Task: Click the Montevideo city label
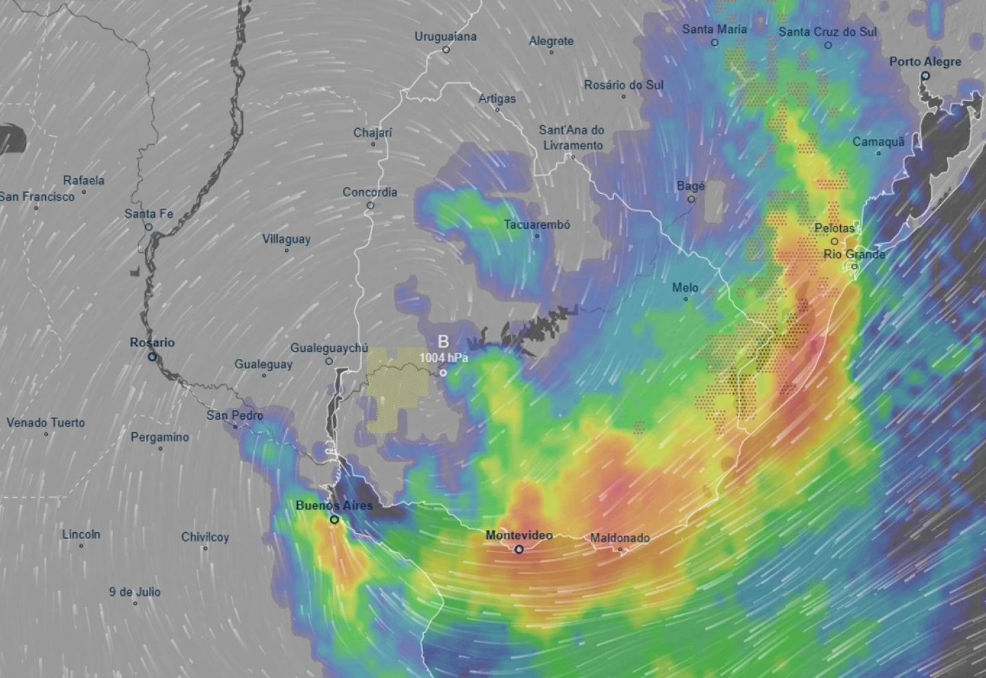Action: (x=518, y=535)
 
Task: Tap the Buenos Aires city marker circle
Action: (x=334, y=520)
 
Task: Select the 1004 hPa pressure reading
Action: (x=444, y=357)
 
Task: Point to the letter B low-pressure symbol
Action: (x=443, y=342)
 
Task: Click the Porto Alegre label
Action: (x=924, y=62)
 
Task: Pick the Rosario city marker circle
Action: (x=152, y=357)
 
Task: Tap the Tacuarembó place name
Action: (x=537, y=224)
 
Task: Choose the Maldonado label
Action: (x=620, y=538)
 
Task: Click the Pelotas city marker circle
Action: (x=834, y=241)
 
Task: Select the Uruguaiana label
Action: (x=445, y=36)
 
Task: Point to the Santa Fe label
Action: (x=149, y=214)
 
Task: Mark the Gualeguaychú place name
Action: (x=329, y=348)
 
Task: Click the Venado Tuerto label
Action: (x=46, y=423)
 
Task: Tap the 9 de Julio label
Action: (x=135, y=592)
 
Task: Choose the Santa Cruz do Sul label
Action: (x=827, y=32)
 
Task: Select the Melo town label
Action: (x=685, y=288)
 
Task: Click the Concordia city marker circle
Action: (x=370, y=205)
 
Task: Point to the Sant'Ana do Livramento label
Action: (x=572, y=137)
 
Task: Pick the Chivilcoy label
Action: (x=205, y=537)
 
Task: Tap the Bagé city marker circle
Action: (x=691, y=199)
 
